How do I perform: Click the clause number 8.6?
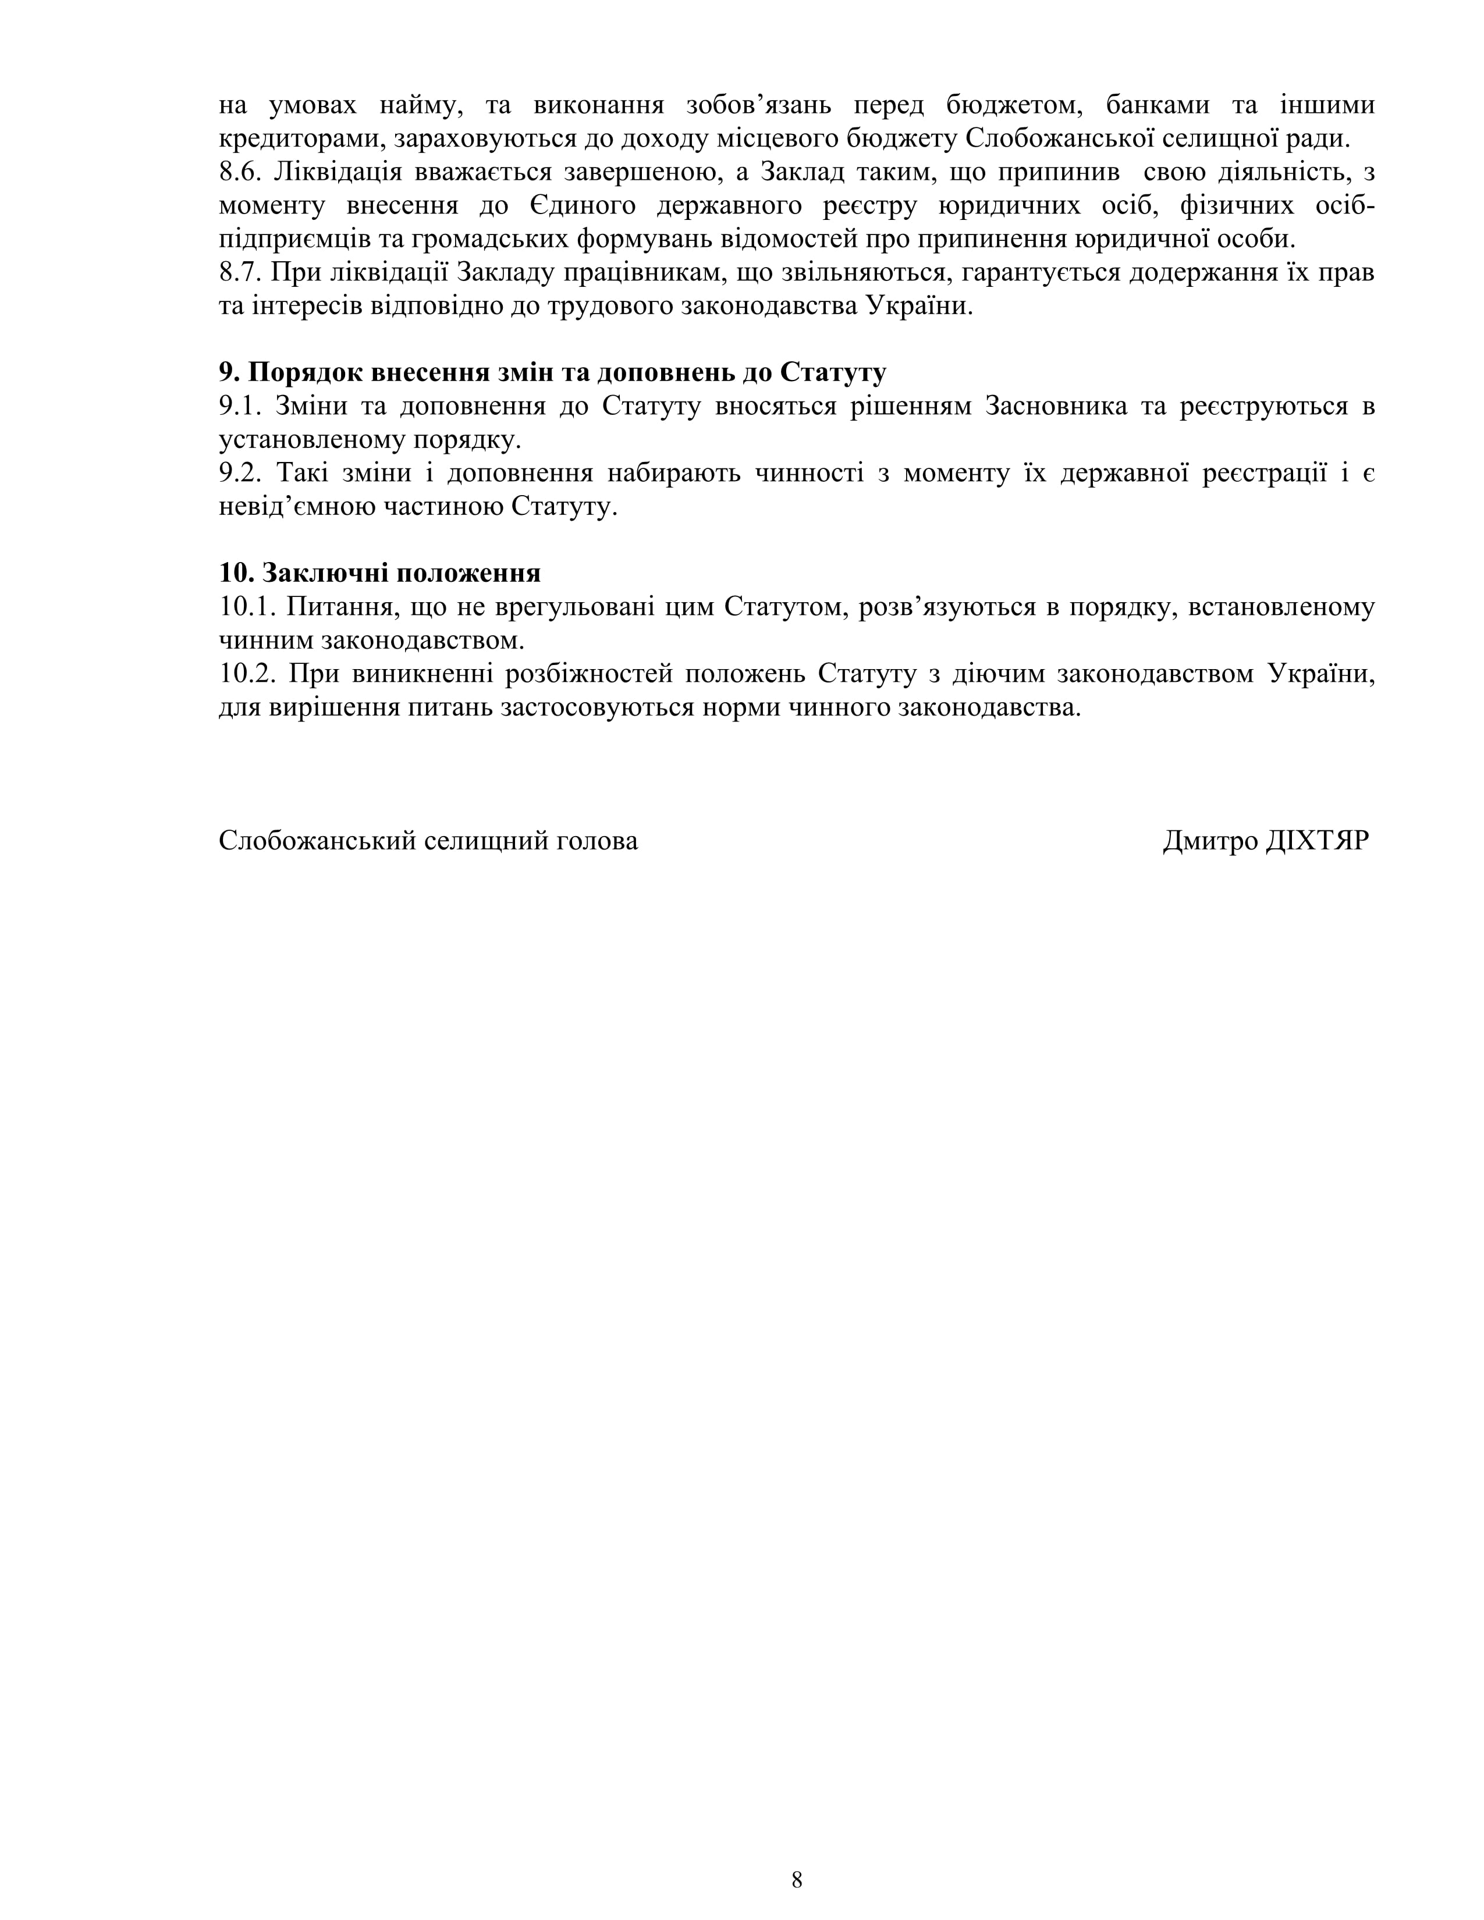[x=240, y=172]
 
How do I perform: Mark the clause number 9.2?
[x=241, y=474]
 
